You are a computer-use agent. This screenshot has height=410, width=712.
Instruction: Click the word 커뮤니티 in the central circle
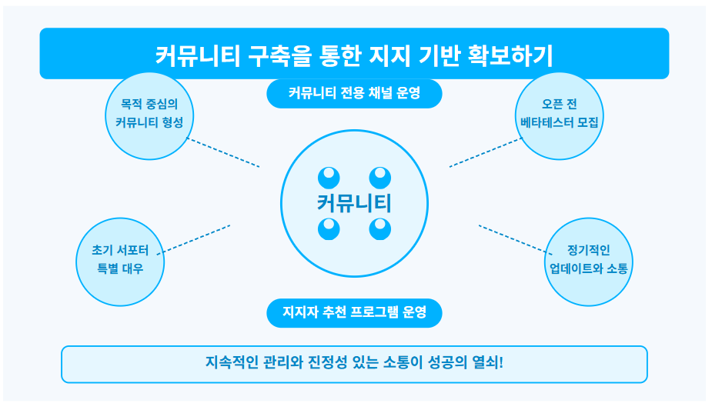pos(354,203)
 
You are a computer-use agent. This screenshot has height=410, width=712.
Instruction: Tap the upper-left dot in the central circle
pos(329,178)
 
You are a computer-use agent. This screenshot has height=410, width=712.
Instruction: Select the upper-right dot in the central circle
pos(380,178)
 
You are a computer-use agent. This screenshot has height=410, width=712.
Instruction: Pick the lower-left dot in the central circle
pos(329,228)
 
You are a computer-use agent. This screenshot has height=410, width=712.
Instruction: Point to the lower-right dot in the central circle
pos(380,228)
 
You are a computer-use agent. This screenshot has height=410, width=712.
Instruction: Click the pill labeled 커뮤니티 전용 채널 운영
pos(354,94)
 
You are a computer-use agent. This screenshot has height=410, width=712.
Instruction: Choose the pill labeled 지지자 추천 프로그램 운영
pos(354,312)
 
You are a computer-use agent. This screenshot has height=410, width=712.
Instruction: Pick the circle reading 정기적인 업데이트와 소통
pos(588,259)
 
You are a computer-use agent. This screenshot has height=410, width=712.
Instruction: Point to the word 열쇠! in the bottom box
pos(489,362)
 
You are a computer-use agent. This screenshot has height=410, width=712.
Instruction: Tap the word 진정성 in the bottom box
pos(329,362)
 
